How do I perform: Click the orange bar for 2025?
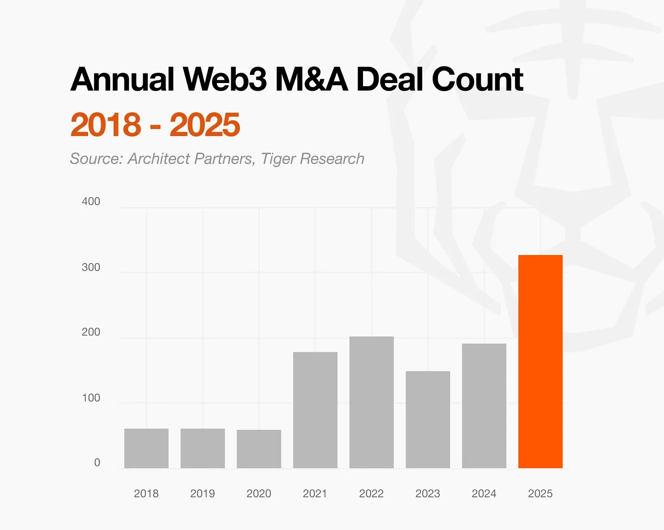540,361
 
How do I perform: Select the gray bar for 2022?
371,402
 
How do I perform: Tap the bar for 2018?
146,448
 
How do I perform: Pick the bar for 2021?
315,410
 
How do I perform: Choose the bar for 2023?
428,419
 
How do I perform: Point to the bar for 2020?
259,449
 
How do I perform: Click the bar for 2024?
484,405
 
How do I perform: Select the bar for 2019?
202,448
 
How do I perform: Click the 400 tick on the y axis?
91,202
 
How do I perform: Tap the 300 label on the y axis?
91,267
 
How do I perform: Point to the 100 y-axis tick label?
91,398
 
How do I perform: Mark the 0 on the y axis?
97,462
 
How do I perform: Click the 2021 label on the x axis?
315,494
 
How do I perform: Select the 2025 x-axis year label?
540,494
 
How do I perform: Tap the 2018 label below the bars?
146,494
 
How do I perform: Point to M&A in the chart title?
311,79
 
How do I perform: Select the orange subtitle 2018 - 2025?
155,125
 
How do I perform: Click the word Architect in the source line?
158,159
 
